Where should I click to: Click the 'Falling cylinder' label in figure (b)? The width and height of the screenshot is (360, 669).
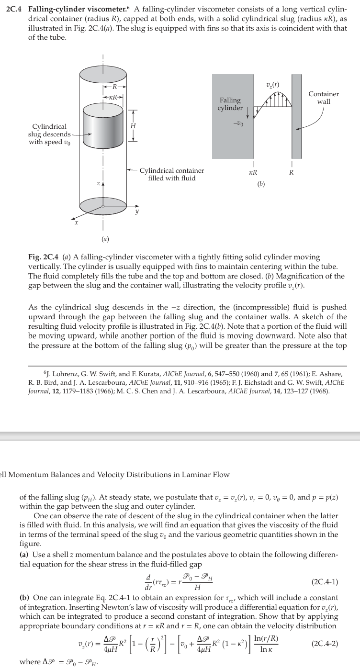coord(230,104)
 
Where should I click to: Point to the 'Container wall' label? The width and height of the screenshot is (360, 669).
coord(324,98)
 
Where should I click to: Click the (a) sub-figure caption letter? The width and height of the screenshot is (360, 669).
coord(103,238)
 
